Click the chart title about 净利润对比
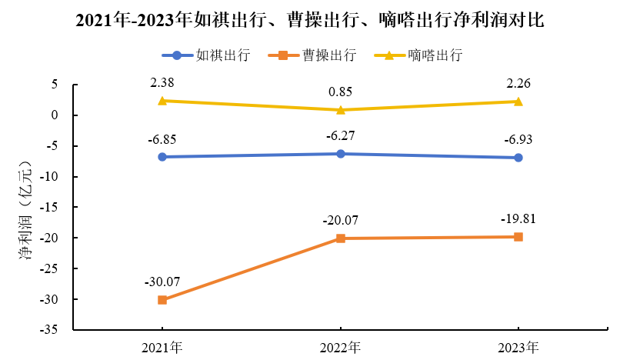(x=310, y=21)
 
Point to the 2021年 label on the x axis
(x=162, y=346)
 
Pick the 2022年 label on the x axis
(x=340, y=346)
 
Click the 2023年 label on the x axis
(x=518, y=346)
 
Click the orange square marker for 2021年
(x=162, y=300)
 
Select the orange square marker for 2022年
(x=340, y=238)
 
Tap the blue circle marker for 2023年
(x=518, y=158)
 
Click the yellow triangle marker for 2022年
(x=340, y=110)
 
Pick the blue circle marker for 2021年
(x=162, y=157)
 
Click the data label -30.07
(x=162, y=281)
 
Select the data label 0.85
(x=340, y=92)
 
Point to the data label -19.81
(x=518, y=218)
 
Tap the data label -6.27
(x=340, y=135)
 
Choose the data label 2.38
(x=162, y=82)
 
